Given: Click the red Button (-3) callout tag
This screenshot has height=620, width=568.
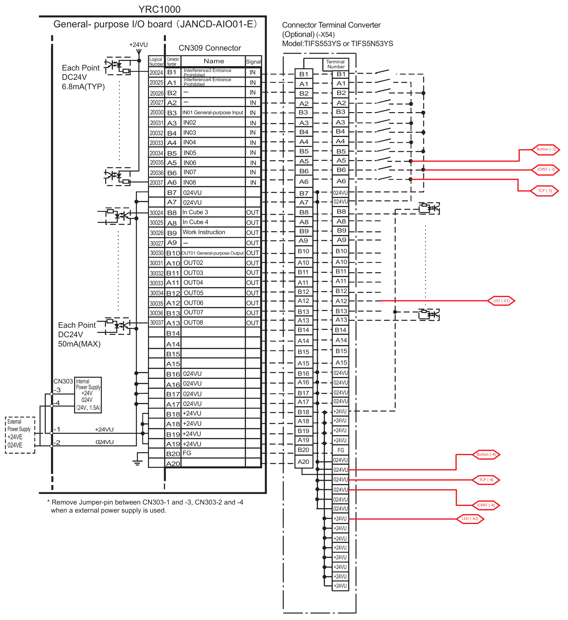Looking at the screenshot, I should point(546,149).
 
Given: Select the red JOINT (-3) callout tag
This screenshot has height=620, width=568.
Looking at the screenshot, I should point(546,170).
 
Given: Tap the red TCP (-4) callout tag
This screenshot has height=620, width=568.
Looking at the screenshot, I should point(486,480).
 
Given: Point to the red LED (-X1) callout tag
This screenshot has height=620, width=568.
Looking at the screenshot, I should point(501,301).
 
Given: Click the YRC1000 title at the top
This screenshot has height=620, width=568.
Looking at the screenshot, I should point(159,9).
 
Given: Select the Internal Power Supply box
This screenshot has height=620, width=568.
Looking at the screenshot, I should point(88,395).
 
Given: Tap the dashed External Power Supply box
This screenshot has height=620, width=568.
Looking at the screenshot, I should point(20,435).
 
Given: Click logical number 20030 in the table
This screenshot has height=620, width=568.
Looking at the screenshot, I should point(156,113).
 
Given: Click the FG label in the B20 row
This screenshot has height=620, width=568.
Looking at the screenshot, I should point(187,453).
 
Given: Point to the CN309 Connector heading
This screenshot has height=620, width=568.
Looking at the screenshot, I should point(210,48).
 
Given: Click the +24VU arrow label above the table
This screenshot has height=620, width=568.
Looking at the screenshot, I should point(139,45).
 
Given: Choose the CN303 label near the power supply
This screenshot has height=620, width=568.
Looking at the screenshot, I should point(63,381).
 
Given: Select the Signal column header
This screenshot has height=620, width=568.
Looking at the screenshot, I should point(253,61).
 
